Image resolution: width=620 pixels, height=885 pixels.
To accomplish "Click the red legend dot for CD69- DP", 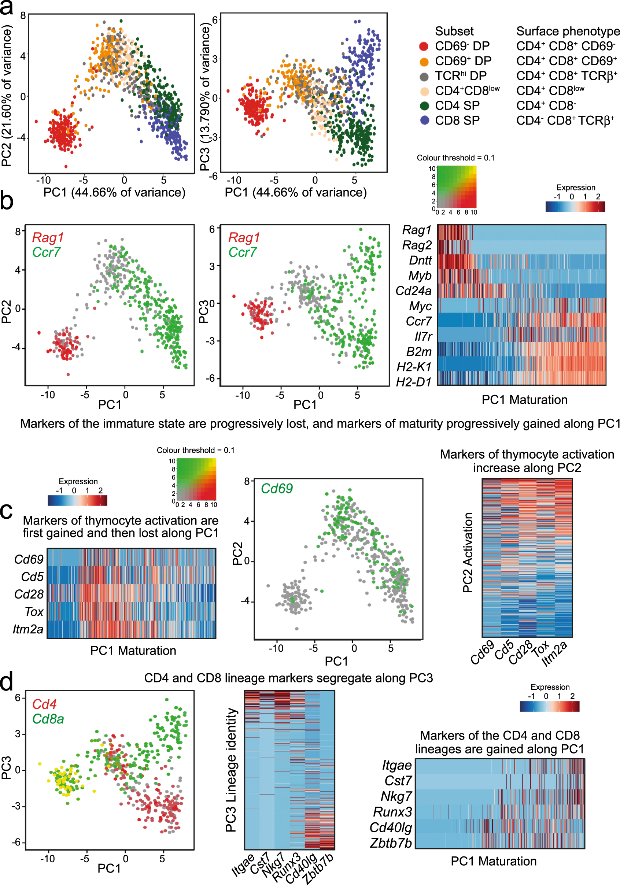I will (x=423, y=46).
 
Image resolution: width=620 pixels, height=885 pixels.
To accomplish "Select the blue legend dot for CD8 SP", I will (x=424, y=120).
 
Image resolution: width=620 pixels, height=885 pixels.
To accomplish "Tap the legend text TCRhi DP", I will (x=461, y=75).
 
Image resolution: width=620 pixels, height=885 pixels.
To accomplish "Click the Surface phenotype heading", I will (x=568, y=31).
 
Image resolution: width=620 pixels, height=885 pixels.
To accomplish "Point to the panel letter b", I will (x=7, y=201).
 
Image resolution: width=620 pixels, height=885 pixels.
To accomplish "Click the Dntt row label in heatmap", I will (x=420, y=260).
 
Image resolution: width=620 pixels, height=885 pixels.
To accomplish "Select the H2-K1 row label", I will (x=414, y=367).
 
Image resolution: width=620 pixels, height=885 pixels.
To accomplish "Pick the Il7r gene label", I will (x=422, y=336).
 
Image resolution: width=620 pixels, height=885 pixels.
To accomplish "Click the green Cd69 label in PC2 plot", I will (x=276, y=488).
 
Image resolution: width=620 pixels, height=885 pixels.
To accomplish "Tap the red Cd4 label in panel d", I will (x=44, y=704).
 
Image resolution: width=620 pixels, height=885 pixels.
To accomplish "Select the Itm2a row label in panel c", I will (x=28, y=629).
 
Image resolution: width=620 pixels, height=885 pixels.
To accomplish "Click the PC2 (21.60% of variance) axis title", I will (x=7, y=95).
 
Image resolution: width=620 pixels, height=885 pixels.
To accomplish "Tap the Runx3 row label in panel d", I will (x=392, y=812).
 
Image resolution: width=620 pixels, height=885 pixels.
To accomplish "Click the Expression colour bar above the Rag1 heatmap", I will (x=575, y=207).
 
